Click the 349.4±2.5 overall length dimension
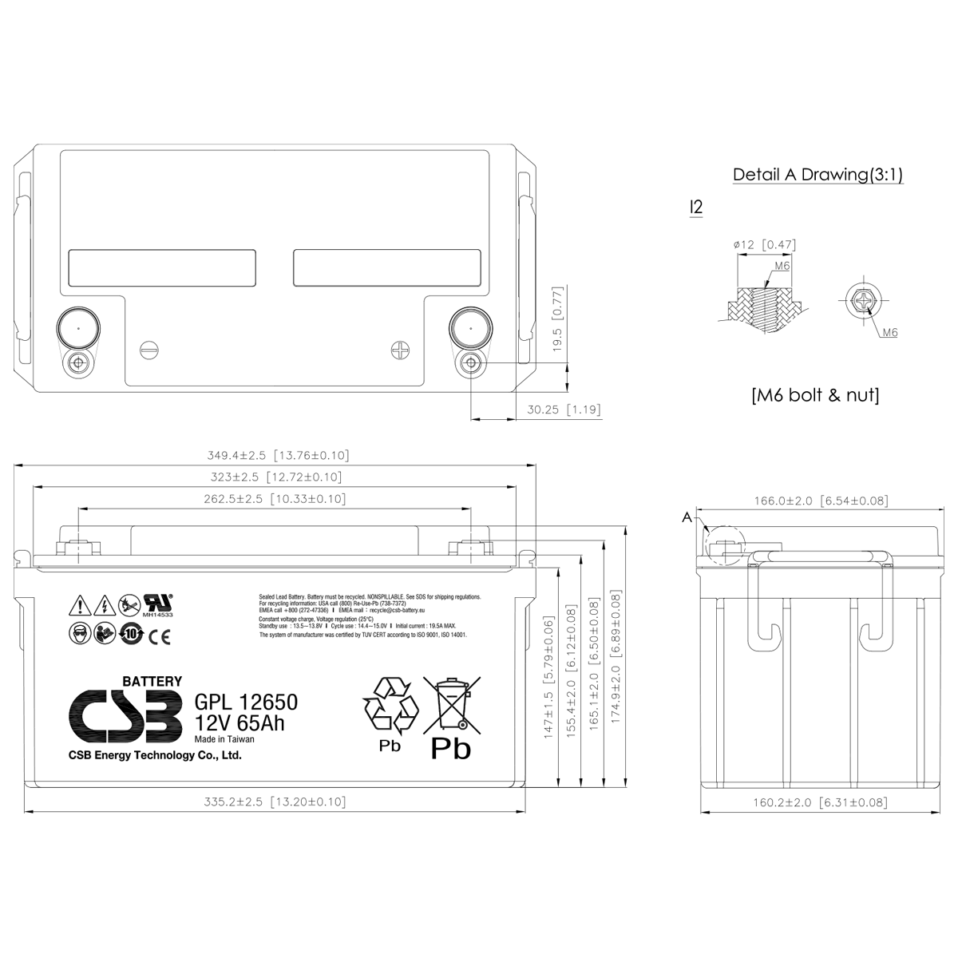pyautogui.click(x=278, y=456)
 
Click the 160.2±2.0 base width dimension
pyautogui.click(x=820, y=802)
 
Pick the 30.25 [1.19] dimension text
pyautogui.click(x=564, y=410)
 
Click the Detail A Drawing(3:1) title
pyautogui.click(x=817, y=175)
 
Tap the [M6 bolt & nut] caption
pyautogui.click(x=814, y=395)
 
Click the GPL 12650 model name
pyautogui.click(x=246, y=703)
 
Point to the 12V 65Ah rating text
pyautogui.click(x=239, y=723)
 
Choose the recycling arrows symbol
pyautogui.click(x=390, y=706)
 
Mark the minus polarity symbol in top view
pyautogui.click(x=149, y=350)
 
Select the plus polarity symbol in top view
pyautogui.click(x=400, y=350)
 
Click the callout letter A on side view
pyautogui.click(x=687, y=518)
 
